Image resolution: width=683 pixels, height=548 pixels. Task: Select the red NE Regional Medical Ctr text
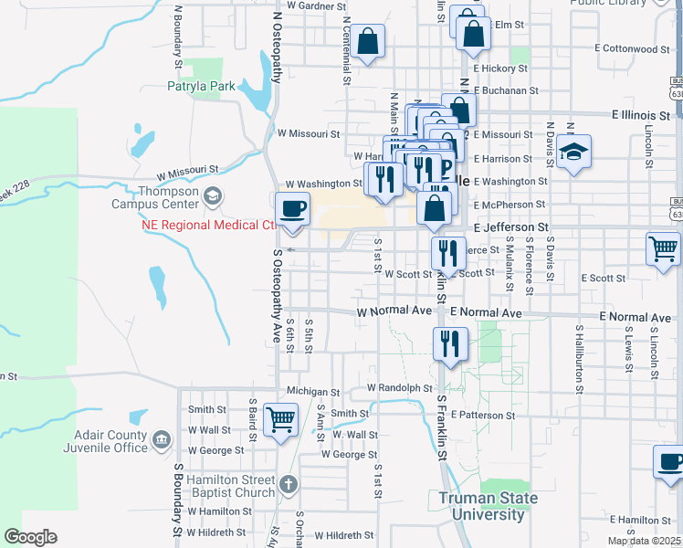(209, 225)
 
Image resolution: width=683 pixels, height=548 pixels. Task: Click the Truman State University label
(482, 506)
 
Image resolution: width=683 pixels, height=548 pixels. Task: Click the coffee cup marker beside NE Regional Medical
(292, 209)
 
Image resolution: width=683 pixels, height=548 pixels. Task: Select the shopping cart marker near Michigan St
(280, 419)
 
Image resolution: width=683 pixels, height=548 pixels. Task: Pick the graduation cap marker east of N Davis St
(573, 151)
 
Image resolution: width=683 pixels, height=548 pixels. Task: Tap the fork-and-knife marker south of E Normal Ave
(449, 343)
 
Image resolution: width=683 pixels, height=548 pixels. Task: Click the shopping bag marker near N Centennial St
(367, 41)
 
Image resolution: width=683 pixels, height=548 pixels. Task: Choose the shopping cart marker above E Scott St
(662, 248)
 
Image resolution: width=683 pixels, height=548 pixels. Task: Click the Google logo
(30, 537)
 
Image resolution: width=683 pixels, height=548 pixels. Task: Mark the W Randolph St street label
(399, 388)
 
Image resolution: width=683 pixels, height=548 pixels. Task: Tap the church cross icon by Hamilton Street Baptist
(288, 484)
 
